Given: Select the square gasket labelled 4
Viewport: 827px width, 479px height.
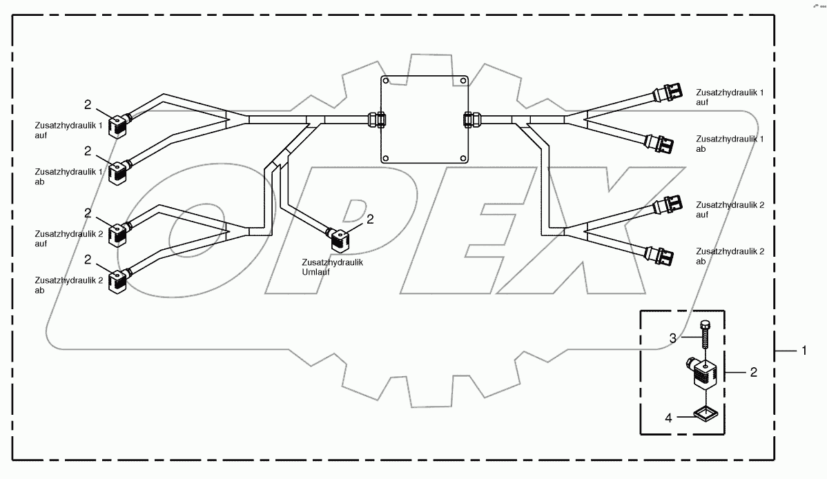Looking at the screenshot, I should [x=706, y=414].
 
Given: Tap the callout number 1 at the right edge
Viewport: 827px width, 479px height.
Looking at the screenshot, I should [x=804, y=351].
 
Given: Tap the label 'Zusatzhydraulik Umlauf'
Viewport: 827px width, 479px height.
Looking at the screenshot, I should [x=333, y=267].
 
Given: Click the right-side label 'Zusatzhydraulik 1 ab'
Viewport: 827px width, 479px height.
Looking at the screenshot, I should [x=730, y=143].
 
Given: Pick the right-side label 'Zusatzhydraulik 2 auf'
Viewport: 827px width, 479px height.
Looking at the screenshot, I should [x=730, y=210].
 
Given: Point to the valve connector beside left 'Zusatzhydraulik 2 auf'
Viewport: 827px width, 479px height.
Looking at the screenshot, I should [x=119, y=233].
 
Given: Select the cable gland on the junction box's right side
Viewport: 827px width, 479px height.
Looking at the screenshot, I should [x=469, y=121].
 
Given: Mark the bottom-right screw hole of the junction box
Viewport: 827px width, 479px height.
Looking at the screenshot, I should [x=463, y=159].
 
